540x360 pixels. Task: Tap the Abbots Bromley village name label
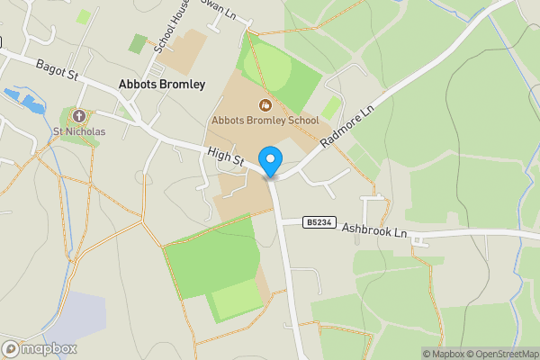(162, 85)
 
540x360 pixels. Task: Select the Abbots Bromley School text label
(265, 120)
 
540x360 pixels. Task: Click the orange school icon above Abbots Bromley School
(265, 105)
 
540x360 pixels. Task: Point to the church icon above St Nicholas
(79, 116)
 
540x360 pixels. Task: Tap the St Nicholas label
(79, 131)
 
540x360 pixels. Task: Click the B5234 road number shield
(316, 221)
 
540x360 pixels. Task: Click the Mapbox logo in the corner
(40, 348)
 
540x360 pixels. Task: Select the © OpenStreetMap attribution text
(498, 354)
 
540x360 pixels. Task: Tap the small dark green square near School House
(138, 42)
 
